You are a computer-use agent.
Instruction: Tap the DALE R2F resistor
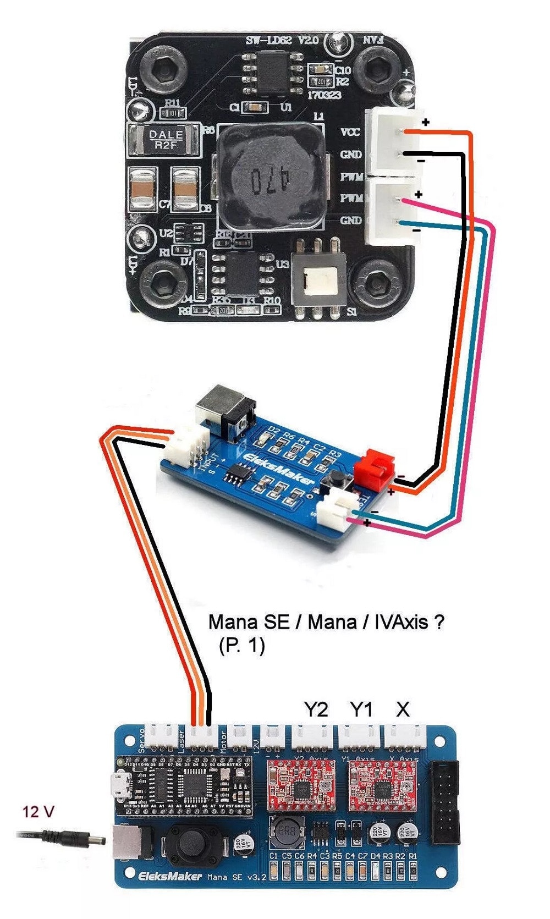point(164,140)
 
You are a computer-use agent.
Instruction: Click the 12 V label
point(38,811)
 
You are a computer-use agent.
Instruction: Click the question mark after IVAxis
point(438,622)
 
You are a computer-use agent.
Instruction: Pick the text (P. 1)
point(241,645)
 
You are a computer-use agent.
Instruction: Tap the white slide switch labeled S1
point(320,283)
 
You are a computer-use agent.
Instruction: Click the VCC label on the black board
point(350,132)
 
